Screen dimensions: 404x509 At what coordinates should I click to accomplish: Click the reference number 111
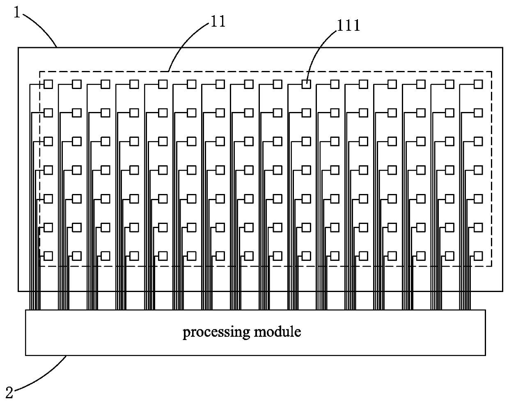point(348,26)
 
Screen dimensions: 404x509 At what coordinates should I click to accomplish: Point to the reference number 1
point(17,12)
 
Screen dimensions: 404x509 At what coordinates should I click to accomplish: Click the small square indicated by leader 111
point(306,84)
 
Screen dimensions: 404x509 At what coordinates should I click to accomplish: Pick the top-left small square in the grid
point(48,84)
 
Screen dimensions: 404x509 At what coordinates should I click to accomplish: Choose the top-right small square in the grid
point(478,84)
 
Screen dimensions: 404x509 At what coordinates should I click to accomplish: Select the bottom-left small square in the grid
point(48,256)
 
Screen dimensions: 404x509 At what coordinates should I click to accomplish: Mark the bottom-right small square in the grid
point(478,256)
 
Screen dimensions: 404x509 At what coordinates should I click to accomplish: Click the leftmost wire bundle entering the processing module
point(35,300)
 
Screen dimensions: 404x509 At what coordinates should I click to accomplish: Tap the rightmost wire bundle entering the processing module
point(465,300)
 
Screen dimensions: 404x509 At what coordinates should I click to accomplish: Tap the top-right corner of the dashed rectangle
point(491,71)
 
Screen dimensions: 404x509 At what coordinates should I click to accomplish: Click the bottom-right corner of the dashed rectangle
point(491,266)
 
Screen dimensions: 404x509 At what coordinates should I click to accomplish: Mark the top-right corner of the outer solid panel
point(502,48)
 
